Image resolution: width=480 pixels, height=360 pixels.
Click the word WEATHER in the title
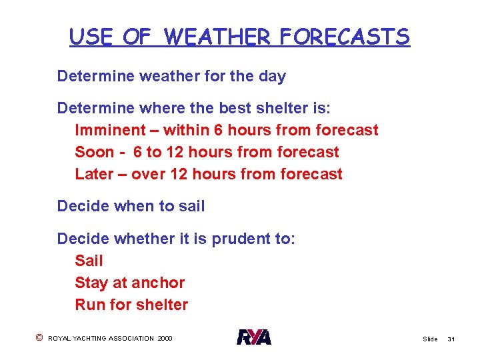click(x=218, y=37)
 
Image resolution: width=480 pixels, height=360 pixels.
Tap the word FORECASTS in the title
click(x=345, y=37)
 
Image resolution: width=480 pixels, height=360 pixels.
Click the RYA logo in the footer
click(x=254, y=338)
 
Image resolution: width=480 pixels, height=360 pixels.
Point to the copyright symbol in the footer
click(x=39, y=338)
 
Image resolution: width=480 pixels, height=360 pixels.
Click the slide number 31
click(x=451, y=339)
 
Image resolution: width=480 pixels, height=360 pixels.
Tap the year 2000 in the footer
click(x=165, y=339)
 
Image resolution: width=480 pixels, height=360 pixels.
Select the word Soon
click(x=95, y=152)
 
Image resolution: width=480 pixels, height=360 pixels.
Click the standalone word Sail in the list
click(x=89, y=261)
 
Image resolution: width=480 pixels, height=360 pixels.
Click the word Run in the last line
click(x=89, y=305)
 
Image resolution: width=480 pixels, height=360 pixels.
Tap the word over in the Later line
click(x=147, y=174)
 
